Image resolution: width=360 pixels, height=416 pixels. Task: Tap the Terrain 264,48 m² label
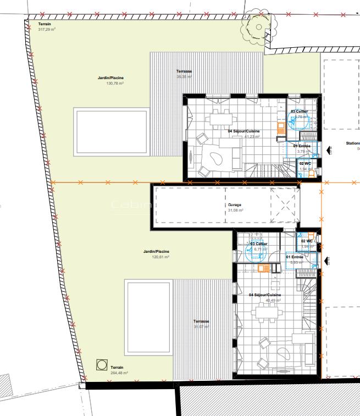119,370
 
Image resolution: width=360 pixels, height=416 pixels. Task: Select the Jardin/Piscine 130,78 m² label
110,81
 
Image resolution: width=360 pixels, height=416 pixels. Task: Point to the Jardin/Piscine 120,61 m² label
156,254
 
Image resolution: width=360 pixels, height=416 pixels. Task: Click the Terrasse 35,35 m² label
184,74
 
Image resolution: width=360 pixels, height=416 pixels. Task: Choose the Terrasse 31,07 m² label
202,324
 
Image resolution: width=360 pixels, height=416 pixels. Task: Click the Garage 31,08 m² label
235,207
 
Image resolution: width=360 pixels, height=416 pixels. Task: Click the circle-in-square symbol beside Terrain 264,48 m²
101,364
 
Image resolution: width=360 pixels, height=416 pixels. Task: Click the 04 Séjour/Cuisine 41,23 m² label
243,134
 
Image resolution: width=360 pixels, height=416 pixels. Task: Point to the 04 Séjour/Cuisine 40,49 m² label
265,298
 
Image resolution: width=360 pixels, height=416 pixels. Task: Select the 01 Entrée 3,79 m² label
302,148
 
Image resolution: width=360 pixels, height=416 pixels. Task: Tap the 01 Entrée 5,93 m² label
295,259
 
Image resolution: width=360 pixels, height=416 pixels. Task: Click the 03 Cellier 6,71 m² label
258,247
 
